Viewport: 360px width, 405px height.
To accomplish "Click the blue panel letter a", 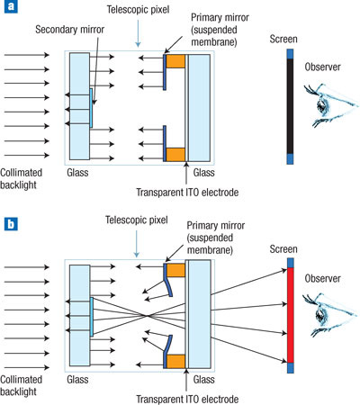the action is pyautogui.click(x=11, y=6).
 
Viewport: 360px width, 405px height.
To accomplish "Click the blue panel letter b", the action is pyautogui.click(x=11, y=223).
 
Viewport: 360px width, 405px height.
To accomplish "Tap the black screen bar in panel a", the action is pyautogui.click(x=290, y=106).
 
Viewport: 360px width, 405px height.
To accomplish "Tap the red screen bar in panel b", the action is pyautogui.click(x=290, y=315).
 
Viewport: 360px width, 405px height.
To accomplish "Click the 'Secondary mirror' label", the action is pyautogui.click(x=69, y=30).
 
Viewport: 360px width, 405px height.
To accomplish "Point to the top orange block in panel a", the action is pyautogui.click(x=175, y=61).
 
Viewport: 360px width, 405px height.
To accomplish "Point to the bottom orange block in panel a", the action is pyautogui.click(x=175, y=155).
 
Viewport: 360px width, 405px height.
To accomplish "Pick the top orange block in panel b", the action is pyautogui.click(x=175, y=270).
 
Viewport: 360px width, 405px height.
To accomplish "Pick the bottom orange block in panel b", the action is pyautogui.click(x=175, y=361).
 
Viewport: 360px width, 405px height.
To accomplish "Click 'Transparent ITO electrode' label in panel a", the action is pyautogui.click(x=187, y=192).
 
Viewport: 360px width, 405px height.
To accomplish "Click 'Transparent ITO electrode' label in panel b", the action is pyautogui.click(x=187, y=400).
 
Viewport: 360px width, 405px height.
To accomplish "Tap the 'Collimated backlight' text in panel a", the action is pyautogui.click(x=21, y=178).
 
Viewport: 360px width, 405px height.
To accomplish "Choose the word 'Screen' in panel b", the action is pyautogui.click(x=283, y=249).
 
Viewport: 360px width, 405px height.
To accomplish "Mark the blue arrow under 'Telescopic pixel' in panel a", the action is pyautogui.click(x=138, y=33).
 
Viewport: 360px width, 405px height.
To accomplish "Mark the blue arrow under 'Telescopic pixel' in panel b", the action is pyautogui.click(x=137, y=244).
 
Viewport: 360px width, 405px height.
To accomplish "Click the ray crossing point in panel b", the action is pyautogui.click(x=148, y=316).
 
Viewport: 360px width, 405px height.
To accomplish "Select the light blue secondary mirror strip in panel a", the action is pyautogui.click(x=91, y=108).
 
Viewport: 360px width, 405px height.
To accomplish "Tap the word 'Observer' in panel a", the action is pyautogui.click(x=322, y=67).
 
